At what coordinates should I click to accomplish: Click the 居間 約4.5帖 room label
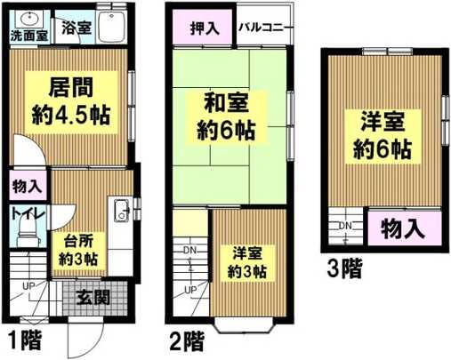(x=72, y=101)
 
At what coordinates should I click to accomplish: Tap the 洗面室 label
(x=27, y=36)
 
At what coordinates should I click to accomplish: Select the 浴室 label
(x=74, y=27)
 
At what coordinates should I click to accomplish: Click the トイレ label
(x=25, y=213)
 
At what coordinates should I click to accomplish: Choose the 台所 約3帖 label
(x=79, y=249)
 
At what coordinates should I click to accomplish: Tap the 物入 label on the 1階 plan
(x=28, y=187)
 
